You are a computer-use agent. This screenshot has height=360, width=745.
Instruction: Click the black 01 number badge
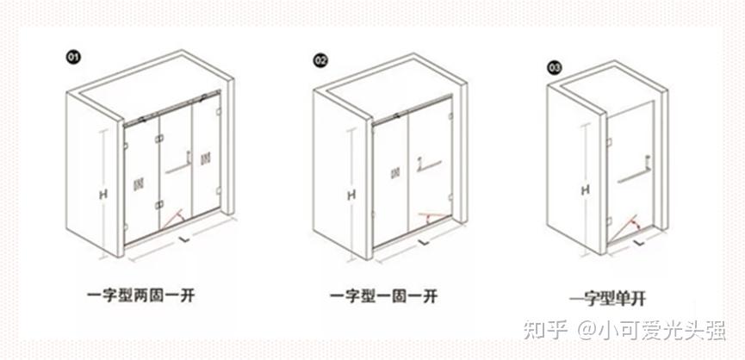pyautogui.click(x=72, y=58)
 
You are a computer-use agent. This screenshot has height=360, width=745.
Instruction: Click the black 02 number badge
pyautogui.click(x=320, y=61)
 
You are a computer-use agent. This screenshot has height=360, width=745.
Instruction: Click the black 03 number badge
pyautogui.click(x=555, y=68)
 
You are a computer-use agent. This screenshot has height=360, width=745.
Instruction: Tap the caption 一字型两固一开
pyautogui.click(x=140, y=296)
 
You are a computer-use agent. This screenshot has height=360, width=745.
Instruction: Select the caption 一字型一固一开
pyautogui.click(x=383, y=297)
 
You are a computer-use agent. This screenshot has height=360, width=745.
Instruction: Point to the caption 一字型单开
pyautogui.click(x=607, y=299)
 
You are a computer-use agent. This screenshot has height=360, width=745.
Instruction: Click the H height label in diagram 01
pyautogui.click(x=103, y=195)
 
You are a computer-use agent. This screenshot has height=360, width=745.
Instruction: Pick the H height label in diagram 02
pyautogui.click(x=351, y=196)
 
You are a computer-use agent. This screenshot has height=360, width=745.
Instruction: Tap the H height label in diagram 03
pyautogui.click(x=586, y=190)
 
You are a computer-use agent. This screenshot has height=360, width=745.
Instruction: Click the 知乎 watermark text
pyautogui.click(x=545, y=330)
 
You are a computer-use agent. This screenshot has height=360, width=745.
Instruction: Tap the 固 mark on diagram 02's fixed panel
pyautogui.click(x=394, y=174)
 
